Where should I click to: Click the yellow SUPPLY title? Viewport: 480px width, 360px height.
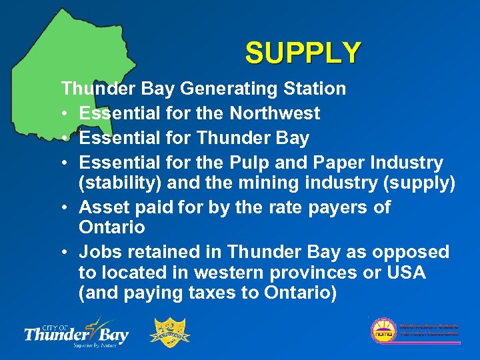point(303,53)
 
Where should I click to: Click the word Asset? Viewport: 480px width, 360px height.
point(102,207)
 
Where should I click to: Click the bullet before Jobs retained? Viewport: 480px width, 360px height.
point(65,253)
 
